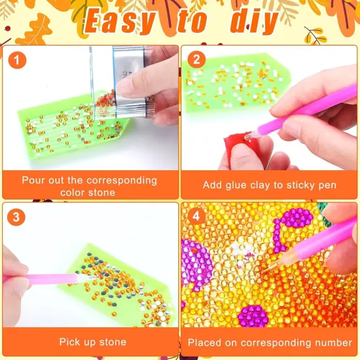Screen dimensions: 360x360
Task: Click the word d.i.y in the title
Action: coord(254,22)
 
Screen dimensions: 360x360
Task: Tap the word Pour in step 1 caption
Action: coord(33,180)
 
